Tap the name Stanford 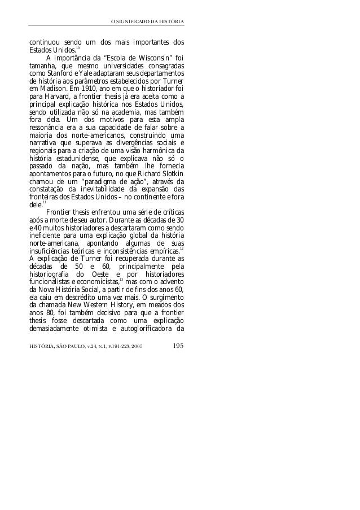point(58,73)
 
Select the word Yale point(81,73)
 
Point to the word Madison point(50,89)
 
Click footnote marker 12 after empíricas point(181,248)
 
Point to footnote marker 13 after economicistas point(122,280)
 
